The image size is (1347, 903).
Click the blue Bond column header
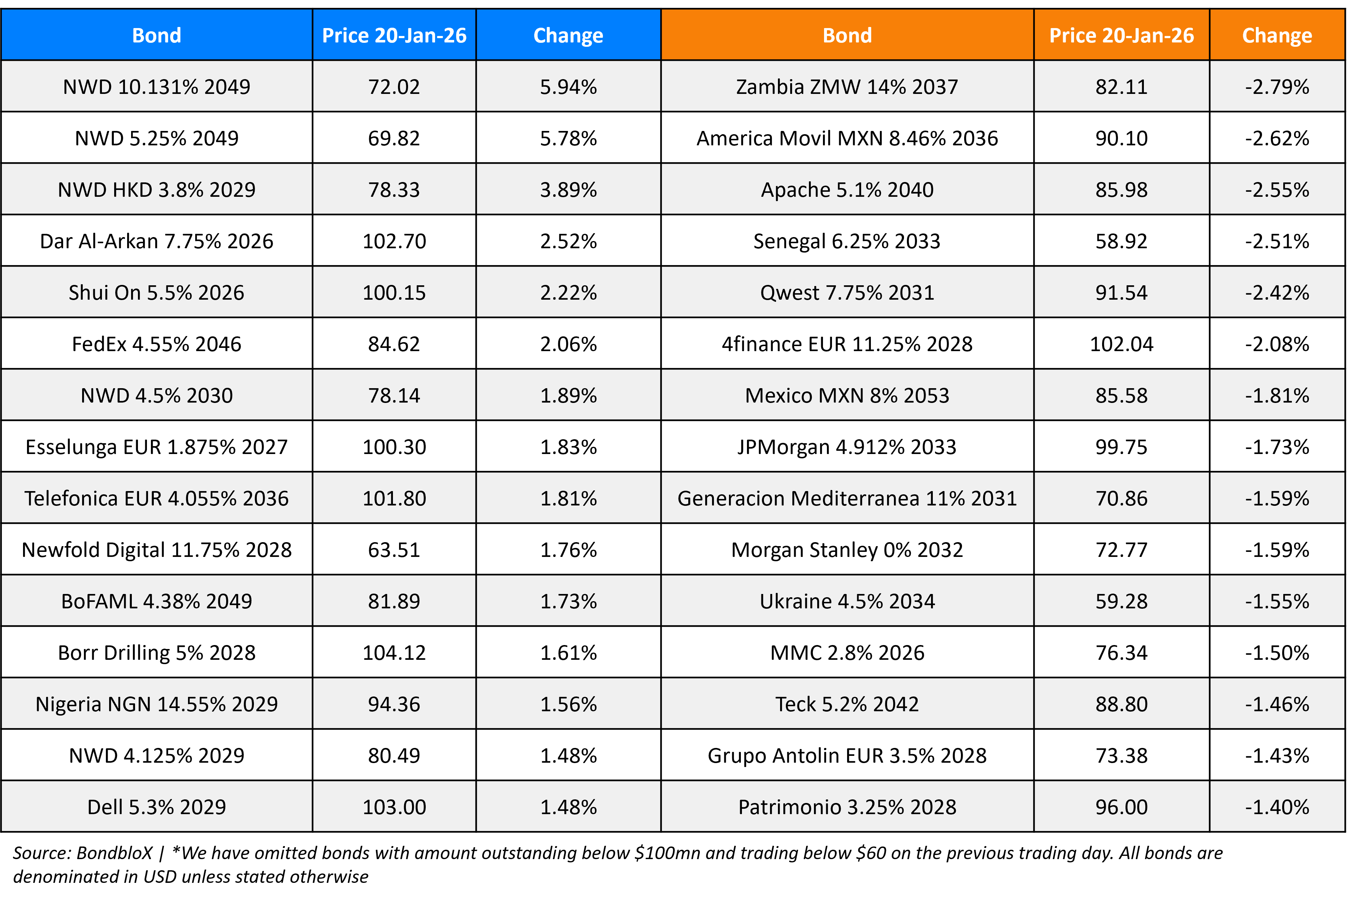pos(156,36)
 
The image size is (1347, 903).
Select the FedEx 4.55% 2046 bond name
pos(156,344)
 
